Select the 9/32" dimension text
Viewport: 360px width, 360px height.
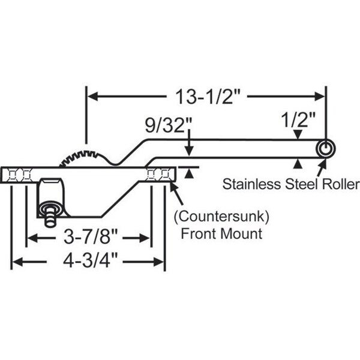point(169,127)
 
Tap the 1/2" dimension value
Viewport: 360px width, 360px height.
point(298,120)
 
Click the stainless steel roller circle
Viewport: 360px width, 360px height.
point(325,149)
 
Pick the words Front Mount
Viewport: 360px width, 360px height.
point(222,233)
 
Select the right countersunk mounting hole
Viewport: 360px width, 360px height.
point(158,175)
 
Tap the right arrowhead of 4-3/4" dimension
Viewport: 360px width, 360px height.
point(160,262)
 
